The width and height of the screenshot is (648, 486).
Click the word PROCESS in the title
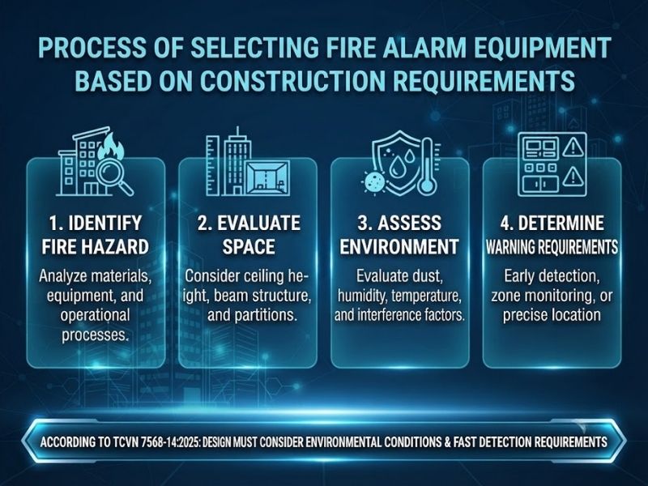pyautogui.click(x=92, y=48)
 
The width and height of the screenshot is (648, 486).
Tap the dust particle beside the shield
pyautogui.click(x=374, y=182)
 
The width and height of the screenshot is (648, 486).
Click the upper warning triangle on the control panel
pyautogui.click(x=573, y=147)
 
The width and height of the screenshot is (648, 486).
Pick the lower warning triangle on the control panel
pyautogui.click(x=573, y=177)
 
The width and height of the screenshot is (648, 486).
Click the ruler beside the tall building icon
pyautogui.click(x=213, y=165)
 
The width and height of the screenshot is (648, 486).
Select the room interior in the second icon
pyautogui.click(x=267, y=177)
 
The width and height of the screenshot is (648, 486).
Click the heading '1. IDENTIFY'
pyautogui.click(x=96, y=224)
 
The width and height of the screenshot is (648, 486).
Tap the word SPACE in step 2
pyautogui.click(x=249, y=247)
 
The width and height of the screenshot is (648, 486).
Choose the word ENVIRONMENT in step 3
pyautogui.click(x=399, y=247)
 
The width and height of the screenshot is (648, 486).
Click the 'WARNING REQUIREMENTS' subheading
pyautogui.click(x=552, y=247)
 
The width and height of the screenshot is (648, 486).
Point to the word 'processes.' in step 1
pyautogui.click(x=94, y=335)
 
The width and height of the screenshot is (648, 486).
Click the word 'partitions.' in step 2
pyautogui.click(x=252, y=315)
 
